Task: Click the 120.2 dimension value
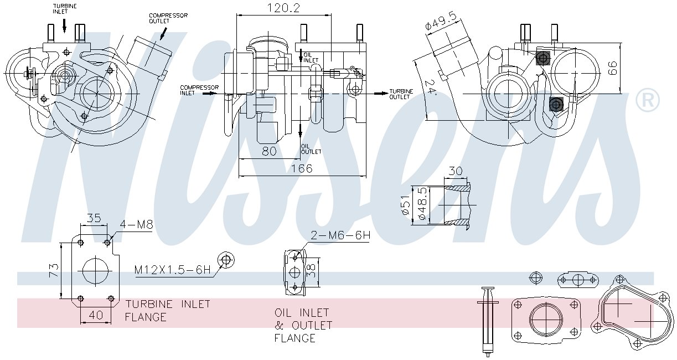click(x=283, y=8)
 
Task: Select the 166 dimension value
click(x=302, y=168)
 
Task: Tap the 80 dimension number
click(x=269, y=151)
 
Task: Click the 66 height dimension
click(x=612, y=68)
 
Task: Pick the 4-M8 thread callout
click(x=136, y=224)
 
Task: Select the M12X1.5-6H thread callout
click(x=172, y=270)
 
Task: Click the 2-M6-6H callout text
click(x=340, y=235)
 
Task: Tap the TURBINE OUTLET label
click(x=401, y=94)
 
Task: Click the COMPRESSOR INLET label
click(x=199, y=90)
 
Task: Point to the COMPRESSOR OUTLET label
click(x=168, y=18)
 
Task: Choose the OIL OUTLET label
click(x=311, y=149)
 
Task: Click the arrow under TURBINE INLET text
click(x=64, y=25)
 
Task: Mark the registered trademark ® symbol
click(x=648, y=100)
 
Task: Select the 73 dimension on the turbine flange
click(x=54, y=270)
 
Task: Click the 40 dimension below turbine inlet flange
click(x=96, y=315)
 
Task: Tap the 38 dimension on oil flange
click(x=311, y=270)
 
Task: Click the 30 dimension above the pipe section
click(x=455, y=171)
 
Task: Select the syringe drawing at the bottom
click(x=488, y=322)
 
